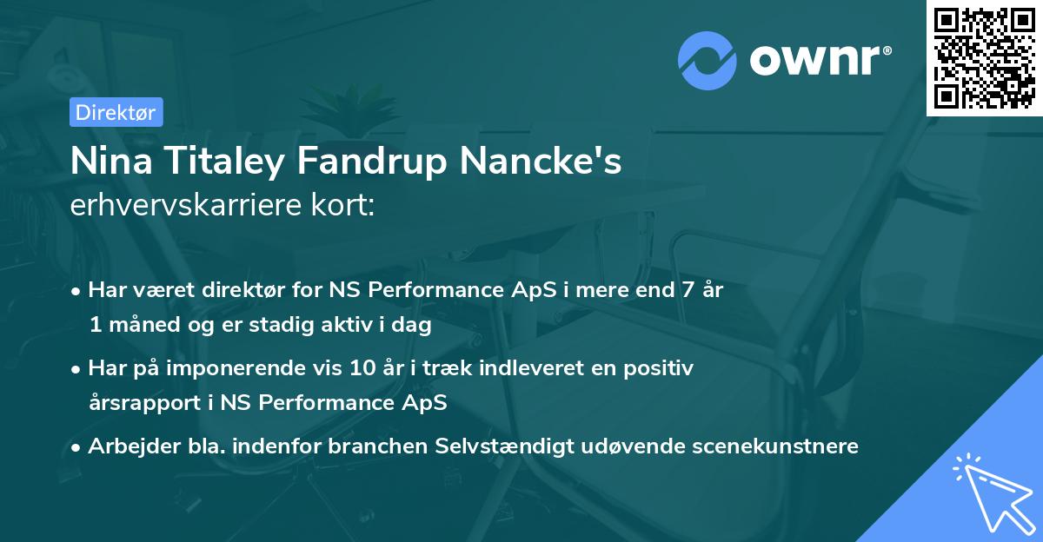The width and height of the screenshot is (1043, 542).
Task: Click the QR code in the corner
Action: (x=984, y=57)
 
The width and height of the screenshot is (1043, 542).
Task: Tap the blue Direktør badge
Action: (x=116, y=112)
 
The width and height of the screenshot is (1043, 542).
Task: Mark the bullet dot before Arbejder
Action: (x=76, y=447)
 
